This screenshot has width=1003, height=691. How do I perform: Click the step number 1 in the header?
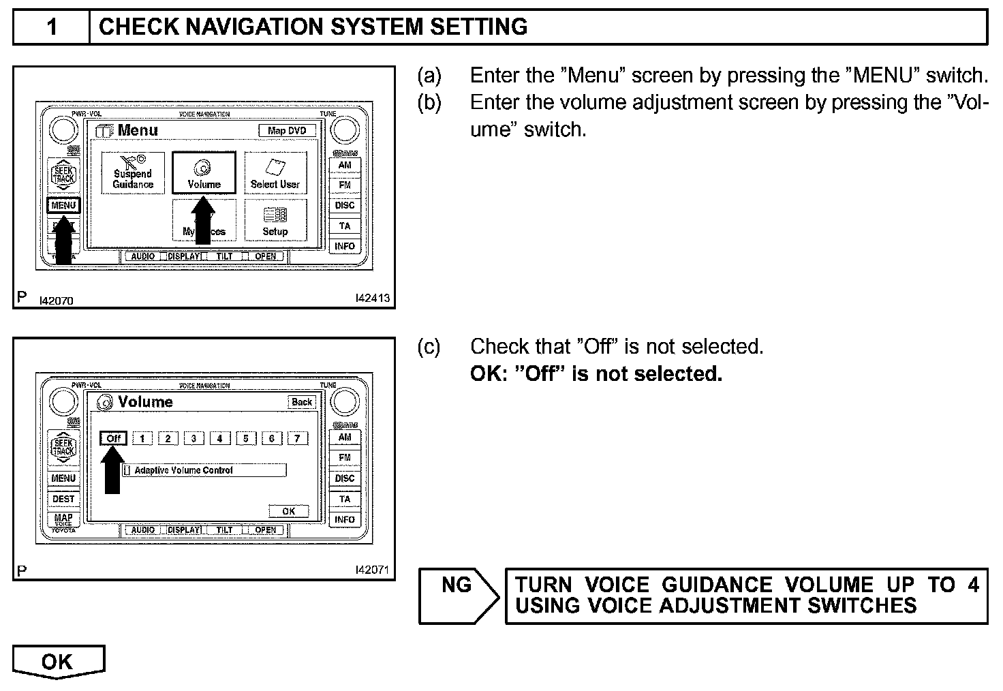pyautogui.click(x=52, y=27)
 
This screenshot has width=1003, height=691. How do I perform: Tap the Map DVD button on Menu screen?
pyautogui.click(x=287, y=130)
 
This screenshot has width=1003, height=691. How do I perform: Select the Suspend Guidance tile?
pyautogui.click(x=133, y=173)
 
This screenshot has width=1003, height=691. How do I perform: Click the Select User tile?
pyautogui.click(x=275, y=173)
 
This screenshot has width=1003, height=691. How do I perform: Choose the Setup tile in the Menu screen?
pyautogui.click(x=275, y=220)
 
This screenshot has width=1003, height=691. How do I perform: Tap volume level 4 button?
pyautogui.click(x=219, y=439)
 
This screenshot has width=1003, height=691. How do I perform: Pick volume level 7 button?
pyautogui.click(x=297, y=439)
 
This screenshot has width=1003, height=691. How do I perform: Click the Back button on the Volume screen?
pyautogui.click(x=302, y=402)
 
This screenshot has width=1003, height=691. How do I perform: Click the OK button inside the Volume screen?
pyautogui.click(x=289, y=511)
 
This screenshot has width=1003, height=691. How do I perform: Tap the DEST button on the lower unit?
pyautogui.click(x=63, y=499)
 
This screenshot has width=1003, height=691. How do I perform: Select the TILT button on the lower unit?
pyautogui.click(x=224, y=529)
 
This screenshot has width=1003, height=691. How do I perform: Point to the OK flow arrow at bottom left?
pyautogui.click(x=58, y=662)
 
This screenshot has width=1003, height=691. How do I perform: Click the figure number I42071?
pyautogui.click(x=372, y=570)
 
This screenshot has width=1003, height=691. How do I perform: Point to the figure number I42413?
pyautogui.click(x=372, y=298)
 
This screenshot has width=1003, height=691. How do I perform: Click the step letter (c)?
pyautogui.click(x=429, y=347)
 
